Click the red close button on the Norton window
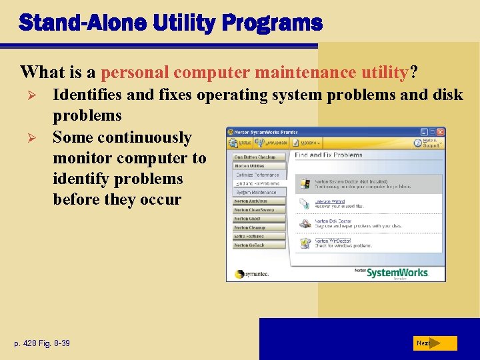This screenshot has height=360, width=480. click(441, 132)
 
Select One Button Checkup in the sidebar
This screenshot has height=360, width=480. click(259, 157)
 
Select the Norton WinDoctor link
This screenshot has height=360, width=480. click(331, 241)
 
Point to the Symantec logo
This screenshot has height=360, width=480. click(249, 274)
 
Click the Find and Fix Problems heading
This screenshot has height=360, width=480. click(329, 155)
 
